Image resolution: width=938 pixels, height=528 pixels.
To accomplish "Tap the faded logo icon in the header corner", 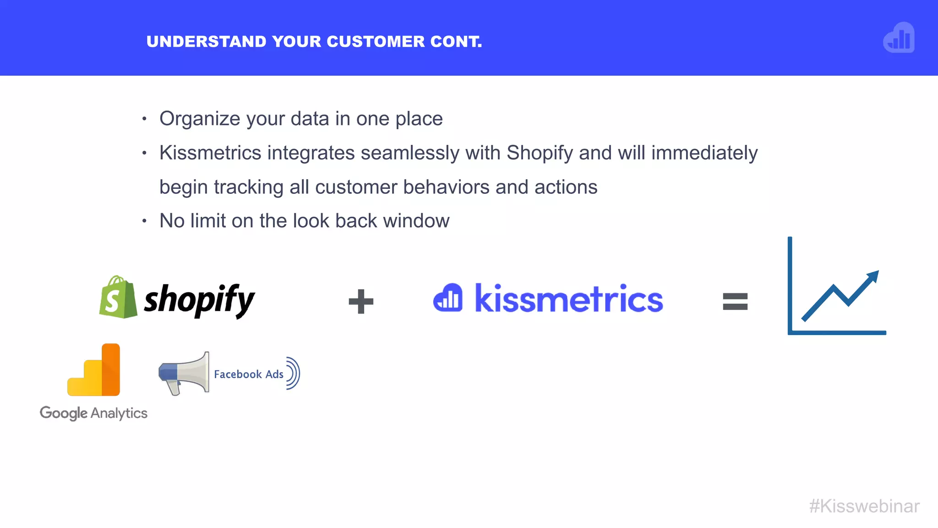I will click(899, 38).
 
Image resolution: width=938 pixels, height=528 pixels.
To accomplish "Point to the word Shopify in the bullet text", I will click(540, 153).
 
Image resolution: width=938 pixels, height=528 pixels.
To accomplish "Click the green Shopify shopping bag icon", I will click(117, 297).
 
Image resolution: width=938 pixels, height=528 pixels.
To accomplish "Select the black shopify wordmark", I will click(199, 300).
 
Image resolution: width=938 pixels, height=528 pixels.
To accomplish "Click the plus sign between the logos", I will click(361, 302).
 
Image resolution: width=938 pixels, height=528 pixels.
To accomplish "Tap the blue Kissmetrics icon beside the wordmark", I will click(447, 298).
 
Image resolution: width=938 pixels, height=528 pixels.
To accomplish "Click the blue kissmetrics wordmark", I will click(569, 299).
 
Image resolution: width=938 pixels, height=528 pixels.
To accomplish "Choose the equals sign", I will click(735, 302).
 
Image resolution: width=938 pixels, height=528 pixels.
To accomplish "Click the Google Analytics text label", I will click(93, 413).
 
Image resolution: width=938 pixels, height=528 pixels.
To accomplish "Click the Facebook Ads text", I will click(249, 374).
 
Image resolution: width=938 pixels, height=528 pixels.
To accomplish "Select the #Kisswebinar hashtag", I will click(864, 506).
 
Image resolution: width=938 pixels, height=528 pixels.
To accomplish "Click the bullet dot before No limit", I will click(144, 221).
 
